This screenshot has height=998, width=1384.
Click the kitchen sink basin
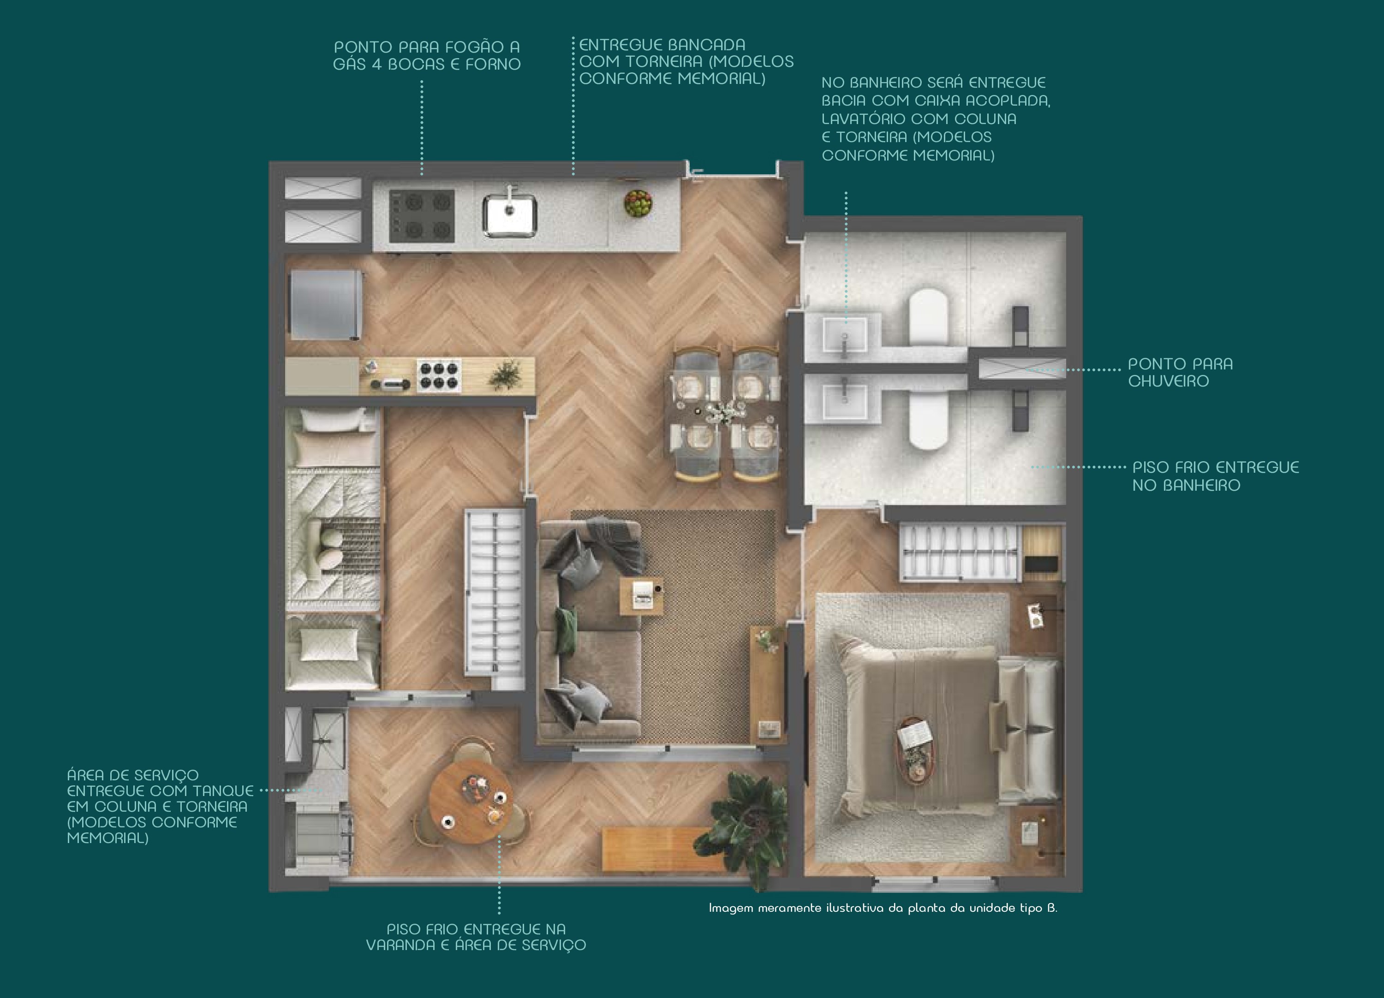(x=509, y=215)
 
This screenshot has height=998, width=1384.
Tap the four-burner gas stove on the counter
(x=422, y=215)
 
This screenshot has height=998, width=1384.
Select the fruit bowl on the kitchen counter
(x=638, y=202)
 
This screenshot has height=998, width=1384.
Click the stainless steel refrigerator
(x=327, y=304)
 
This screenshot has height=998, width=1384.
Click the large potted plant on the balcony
(x=749, y=820)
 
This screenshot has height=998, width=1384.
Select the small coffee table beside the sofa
(x=641, y=596)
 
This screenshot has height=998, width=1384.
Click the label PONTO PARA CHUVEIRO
(x=1180, y=372)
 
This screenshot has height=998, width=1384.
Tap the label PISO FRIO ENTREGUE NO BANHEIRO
(x=1216, y=476)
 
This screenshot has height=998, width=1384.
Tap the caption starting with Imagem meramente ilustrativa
(x=883, y=908)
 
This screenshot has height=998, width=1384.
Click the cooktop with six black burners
(x=438, y=374)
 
